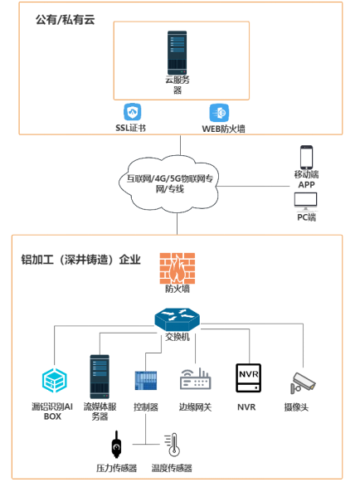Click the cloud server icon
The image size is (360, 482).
tap(177, 52)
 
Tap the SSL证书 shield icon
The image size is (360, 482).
tap(133, 112)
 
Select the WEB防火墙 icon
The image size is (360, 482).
tap(219, 113)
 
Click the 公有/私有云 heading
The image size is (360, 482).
tap(66, 20)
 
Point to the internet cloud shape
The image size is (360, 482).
tap(168, 184)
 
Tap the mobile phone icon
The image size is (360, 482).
tap(306, 157)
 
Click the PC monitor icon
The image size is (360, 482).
tap(305, 202)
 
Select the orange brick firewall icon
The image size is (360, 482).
tap(178, 268)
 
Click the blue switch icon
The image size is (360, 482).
tap(177, 320)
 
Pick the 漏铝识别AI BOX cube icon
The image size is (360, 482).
tap(55, 381)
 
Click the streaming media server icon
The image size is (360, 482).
tap(100, 377)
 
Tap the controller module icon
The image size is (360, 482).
tap(146, 381)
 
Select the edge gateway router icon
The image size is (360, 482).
tap(195, 379)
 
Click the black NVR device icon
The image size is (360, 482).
tap(248, 377)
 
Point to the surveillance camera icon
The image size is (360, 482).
tap(303, 382)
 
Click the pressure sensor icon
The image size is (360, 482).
tap(116, 445)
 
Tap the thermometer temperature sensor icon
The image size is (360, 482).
tap(173, 445)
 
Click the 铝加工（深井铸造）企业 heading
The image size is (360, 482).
tap(80, 260)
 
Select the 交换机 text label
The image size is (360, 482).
tap(178, 337)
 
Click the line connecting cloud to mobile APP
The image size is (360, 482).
tap(254, 186)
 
